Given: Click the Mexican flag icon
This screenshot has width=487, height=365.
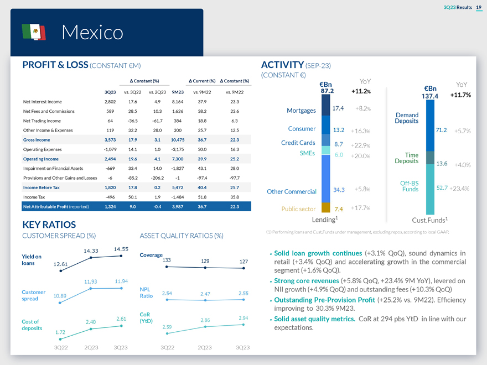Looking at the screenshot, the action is point(34,32).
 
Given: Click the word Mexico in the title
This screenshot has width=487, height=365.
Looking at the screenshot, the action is point(92,32).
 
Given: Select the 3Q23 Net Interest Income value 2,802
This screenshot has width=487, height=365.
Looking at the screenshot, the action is point(110,102).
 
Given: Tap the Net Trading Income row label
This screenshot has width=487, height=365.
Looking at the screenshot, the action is point(42,121).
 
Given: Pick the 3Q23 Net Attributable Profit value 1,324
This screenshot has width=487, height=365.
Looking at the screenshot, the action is point(110,207).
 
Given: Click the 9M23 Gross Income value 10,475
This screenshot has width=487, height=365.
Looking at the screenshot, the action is point(178,140).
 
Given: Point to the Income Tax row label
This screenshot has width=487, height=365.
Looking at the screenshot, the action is point(34,197).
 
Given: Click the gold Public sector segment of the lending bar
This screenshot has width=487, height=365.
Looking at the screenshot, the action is point(325,207).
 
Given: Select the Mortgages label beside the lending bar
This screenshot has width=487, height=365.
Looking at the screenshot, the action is point(301,111).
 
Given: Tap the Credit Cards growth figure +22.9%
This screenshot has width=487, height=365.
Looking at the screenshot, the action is point(361,145).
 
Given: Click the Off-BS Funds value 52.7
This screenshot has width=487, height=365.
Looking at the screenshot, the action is point(442,188).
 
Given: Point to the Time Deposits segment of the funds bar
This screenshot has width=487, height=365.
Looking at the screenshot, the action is point(430,158).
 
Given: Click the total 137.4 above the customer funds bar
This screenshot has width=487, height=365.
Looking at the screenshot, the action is point(430,96).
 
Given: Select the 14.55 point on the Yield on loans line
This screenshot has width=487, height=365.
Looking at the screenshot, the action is point(121,256).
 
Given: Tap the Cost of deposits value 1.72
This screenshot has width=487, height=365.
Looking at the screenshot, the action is point(60,332).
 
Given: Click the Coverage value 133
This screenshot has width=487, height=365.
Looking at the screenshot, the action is point(167,260).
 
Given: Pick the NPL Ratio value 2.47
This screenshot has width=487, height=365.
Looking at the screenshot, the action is point(205,294).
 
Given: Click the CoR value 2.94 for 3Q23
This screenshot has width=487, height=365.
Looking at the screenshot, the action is point(243,318).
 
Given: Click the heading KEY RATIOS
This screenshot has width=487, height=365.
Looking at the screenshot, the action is point(49,225).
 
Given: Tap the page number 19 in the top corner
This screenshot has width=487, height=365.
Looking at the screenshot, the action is point(479,7).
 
